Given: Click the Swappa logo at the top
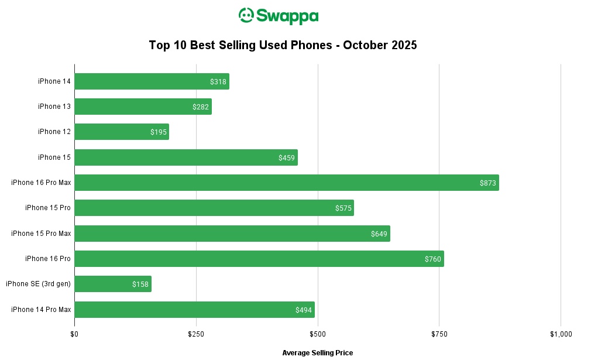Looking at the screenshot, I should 279,16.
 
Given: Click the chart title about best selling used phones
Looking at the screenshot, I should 283,45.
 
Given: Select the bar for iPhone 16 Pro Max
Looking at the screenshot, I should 286,183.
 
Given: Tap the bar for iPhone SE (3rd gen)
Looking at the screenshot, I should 113,284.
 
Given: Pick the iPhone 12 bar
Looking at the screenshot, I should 122,132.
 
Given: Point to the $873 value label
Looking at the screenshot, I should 488,183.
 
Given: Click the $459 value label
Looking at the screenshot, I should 287,158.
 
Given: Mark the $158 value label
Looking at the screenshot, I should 140,284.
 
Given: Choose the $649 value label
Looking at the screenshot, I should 379,234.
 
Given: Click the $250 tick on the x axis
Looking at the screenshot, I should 196,334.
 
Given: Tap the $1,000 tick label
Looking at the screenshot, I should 561,334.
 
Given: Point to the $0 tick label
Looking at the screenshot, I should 74,334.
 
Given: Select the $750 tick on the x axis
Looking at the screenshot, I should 439,334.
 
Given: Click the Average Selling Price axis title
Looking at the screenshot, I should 318,353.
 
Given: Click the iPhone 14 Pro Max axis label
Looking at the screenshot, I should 41,310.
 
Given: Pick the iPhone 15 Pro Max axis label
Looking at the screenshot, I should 41,234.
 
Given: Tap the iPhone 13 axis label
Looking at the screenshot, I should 54,107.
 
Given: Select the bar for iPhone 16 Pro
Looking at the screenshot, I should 259,259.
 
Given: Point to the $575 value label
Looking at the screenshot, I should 343,208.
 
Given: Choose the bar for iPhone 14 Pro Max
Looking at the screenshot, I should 194,310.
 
